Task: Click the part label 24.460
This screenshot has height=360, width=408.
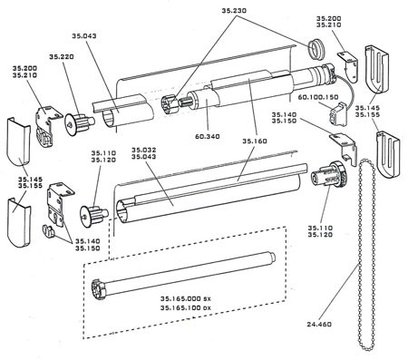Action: (319, 325)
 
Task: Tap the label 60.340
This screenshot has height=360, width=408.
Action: (208, 136)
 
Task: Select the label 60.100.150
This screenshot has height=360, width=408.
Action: (318, 97)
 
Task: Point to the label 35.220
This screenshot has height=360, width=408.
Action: (62, 56)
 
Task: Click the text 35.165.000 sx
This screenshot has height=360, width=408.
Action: (186, 298)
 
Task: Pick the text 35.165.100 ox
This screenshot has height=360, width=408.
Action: (186, 308)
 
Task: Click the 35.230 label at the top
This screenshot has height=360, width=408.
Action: (234, 11)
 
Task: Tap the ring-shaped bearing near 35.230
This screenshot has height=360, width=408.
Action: (316, 48)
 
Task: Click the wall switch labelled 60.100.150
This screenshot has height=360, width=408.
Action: (338, 115)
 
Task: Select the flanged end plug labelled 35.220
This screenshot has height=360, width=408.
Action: (79, 123)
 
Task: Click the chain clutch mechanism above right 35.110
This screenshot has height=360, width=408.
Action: (329, 175)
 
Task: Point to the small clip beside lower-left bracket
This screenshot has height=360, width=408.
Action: (48, 230)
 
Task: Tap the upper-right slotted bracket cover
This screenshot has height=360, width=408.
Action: (376, 70)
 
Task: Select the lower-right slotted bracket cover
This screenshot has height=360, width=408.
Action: (388, 155)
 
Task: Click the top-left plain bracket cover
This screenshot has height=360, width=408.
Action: (18, 141)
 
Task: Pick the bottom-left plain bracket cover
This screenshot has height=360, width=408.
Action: (19, 222)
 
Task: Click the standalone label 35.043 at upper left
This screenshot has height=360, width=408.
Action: (84, 36)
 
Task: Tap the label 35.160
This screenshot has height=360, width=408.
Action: (255, 141)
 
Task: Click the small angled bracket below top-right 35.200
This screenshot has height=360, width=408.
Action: (349, 66)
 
